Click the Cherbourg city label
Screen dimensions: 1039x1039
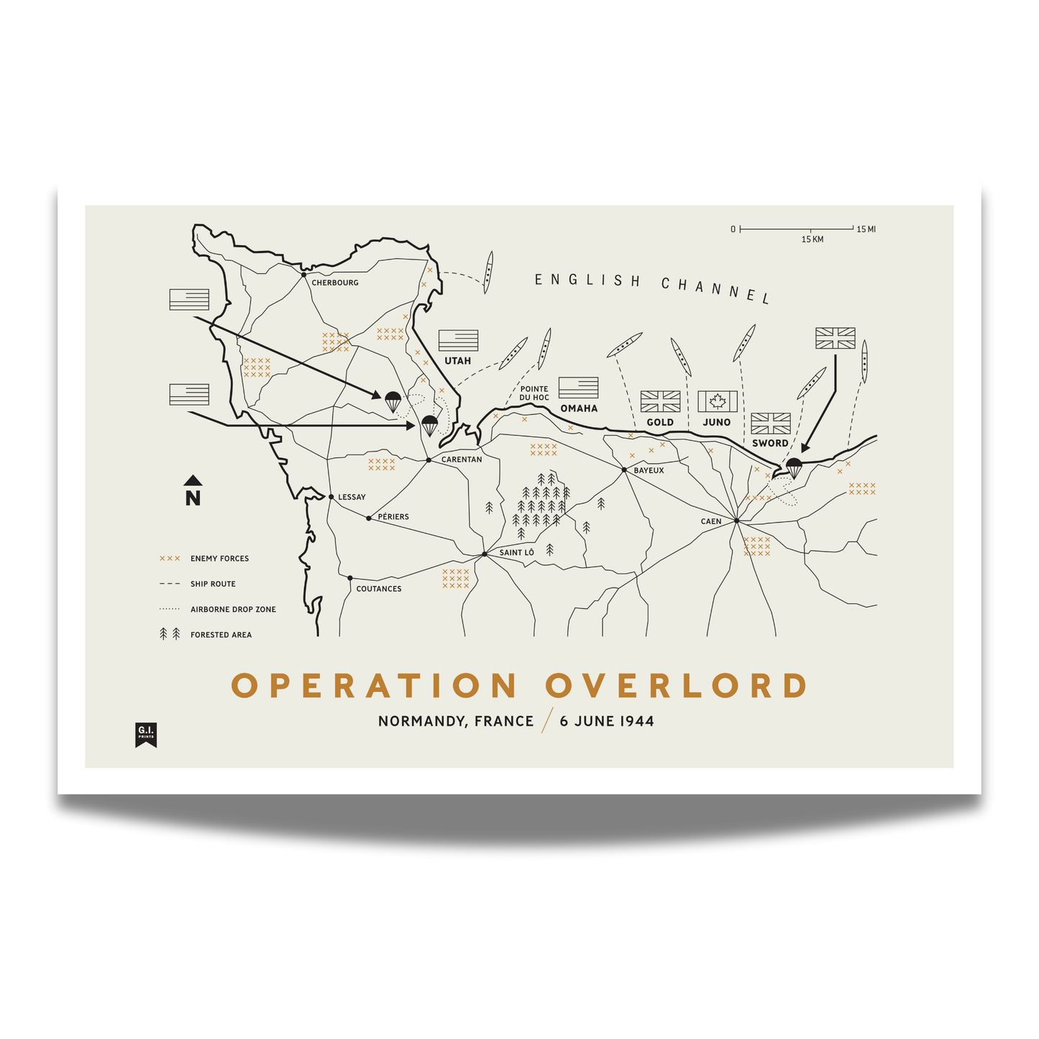[334, 283]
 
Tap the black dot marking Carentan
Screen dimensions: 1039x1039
[429, 460]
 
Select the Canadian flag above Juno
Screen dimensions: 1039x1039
[718, 401]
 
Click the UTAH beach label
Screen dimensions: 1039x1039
[457, 360]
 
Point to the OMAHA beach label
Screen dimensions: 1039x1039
[579, 408]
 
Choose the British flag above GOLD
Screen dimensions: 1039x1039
[660, 401]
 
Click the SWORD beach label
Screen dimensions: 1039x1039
[770, 443]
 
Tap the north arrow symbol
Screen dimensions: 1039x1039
[193, 491]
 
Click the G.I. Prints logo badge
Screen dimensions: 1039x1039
[146, 734]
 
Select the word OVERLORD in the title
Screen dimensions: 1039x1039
[677, 686]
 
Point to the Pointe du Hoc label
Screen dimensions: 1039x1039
[534, 393]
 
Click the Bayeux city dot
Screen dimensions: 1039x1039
[625, 470]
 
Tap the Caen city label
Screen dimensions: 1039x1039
[711, 521]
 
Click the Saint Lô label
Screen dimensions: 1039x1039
[517, 552]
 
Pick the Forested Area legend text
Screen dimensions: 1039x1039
[221, 635]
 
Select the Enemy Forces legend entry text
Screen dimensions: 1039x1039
[219, 559]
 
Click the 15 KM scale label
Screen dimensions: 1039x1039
[813, 239]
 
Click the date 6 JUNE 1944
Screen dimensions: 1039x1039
[607, 721]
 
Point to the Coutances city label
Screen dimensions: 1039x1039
[379, 589]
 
